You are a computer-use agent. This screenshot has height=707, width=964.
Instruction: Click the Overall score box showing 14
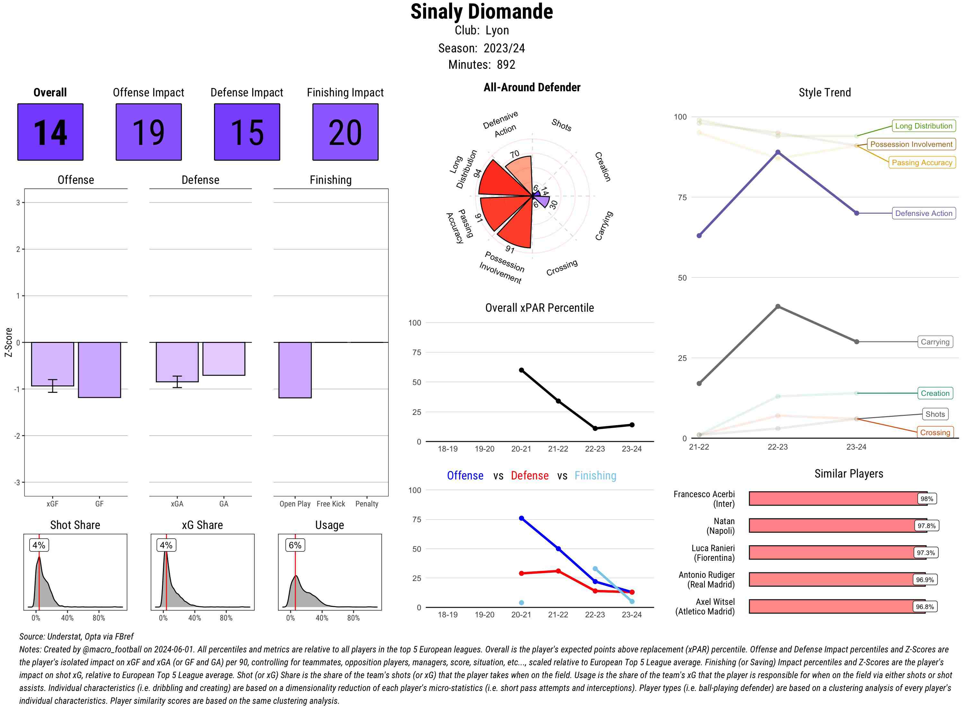pyautogui.click(x=50, y=132)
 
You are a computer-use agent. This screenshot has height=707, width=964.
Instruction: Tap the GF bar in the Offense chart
pyautogui.click(x=99, y=370)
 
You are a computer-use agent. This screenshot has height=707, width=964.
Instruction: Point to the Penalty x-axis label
pyautogui.click(x=367, y=504)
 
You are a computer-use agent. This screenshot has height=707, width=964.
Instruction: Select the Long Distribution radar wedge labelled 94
pyautogui.click(x=501, y=180)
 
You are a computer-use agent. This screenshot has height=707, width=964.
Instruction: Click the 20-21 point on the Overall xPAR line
pyautogui.click(x=521, y=370)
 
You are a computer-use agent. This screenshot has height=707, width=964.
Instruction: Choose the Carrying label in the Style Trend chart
pyautogui.click(x=935, y=342)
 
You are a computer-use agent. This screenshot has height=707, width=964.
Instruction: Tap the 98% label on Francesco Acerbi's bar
pyautogui.click(x=926, y=498)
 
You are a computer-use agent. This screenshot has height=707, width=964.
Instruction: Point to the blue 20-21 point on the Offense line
pyautogui.click(x=521, y=518)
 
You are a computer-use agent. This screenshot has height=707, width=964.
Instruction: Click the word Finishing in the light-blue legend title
pyautogui.click(x=595, y=476)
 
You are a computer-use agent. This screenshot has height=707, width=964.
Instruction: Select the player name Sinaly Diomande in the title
pyautogui.click(x=481, y=12)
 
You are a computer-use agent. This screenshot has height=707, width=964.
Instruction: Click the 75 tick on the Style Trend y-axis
pyautogui.click(x=682, y=197)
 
